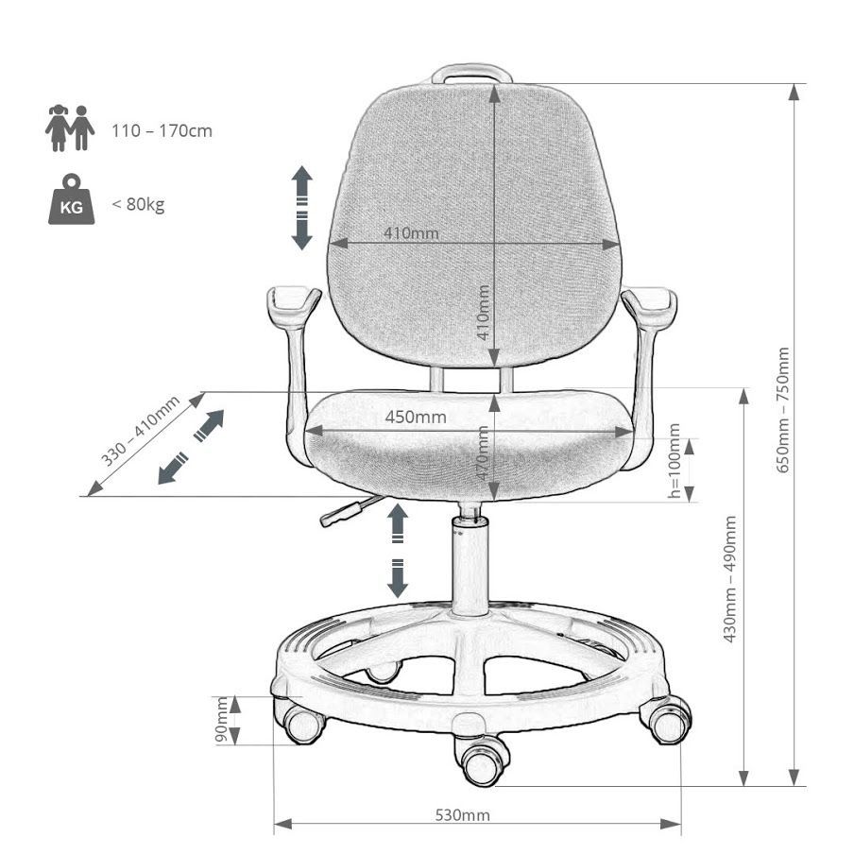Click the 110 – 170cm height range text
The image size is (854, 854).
point(162,130)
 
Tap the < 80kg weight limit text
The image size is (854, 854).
point(138,204)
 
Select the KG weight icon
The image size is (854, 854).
point(72,199)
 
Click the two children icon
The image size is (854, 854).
point(70,128)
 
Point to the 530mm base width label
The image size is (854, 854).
point(462,814)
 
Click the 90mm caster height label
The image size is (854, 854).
point(222,720)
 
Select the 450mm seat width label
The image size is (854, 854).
point(416,418)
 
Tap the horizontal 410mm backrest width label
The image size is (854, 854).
point(411,233)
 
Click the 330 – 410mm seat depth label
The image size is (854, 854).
point(141,431)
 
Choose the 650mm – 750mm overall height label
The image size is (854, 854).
point(782,410)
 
